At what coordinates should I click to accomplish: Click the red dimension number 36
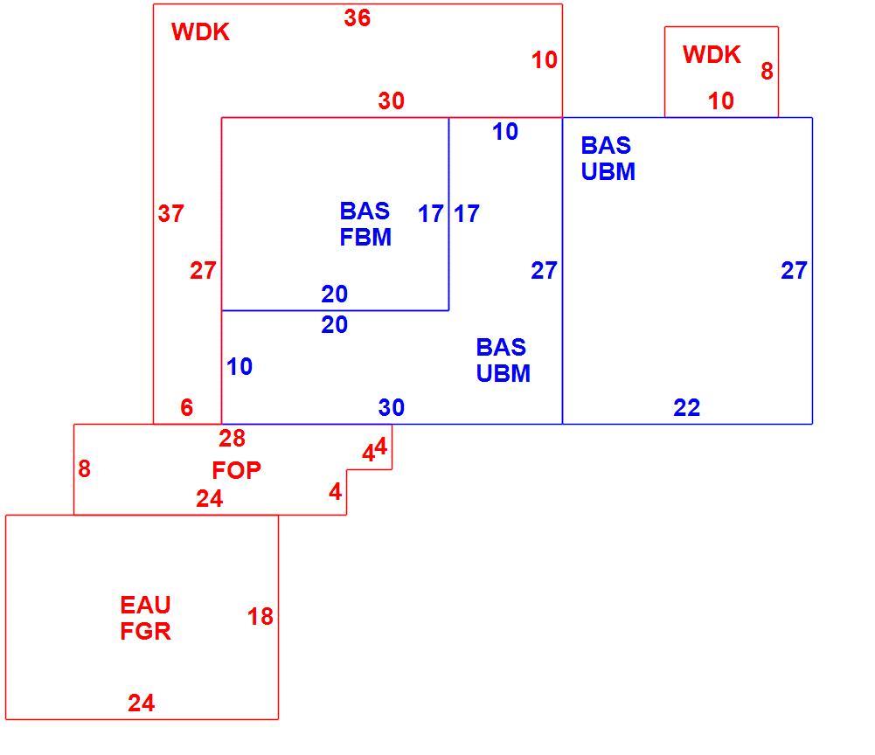point(358,17)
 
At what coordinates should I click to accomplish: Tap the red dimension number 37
point(170,213)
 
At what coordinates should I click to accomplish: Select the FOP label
point(237,470)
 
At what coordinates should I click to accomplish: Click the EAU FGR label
point(146,619)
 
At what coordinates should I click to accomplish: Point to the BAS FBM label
point(365,225)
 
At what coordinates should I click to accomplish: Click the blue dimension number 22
point(686,408)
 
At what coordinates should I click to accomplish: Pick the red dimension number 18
point(260,617)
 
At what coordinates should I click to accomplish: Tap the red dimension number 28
point(233,439)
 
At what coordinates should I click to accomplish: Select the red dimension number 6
point(187,408)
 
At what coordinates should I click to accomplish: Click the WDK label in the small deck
point(712,55)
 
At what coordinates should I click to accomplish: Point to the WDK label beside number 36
point(200,31)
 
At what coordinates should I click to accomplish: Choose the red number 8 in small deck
point(767,71)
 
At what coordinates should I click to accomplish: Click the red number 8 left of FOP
point(84,468)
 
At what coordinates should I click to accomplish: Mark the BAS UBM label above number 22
point(608,158)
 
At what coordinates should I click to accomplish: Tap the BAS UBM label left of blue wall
point(503,361)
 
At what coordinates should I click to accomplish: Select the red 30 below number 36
point(392,101)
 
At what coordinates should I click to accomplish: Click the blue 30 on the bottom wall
point(392,408)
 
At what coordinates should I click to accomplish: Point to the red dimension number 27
point(203,271)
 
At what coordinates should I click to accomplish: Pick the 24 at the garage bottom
point(142,703)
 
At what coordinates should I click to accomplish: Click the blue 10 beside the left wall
point(240,367)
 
